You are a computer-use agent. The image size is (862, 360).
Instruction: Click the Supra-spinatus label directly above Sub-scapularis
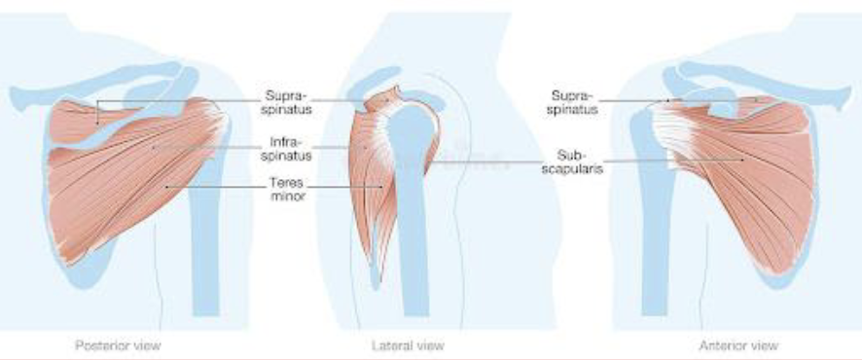[574, 102]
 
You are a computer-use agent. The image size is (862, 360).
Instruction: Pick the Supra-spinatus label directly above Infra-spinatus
[286, 102]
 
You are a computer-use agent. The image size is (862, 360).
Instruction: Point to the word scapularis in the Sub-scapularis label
[576, 167]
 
